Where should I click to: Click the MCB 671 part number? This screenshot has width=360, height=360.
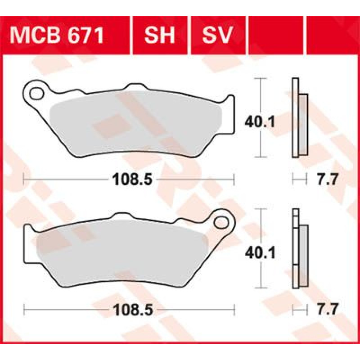tap(57, 35)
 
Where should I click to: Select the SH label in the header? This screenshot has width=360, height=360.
tap(159, 35)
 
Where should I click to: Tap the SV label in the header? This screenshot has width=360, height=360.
tap(218, 35)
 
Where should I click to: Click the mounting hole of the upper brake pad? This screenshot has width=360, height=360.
tap(36, 94)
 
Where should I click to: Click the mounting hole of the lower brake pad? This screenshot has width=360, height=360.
tap(221, 222)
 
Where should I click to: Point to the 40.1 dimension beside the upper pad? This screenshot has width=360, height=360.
tap(260, 122)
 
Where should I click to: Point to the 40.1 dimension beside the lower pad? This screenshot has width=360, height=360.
tap(260, 253)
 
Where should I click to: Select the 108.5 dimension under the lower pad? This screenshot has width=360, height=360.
tap(133, 310)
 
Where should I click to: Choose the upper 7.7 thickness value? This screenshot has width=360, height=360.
tap(328, 179)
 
